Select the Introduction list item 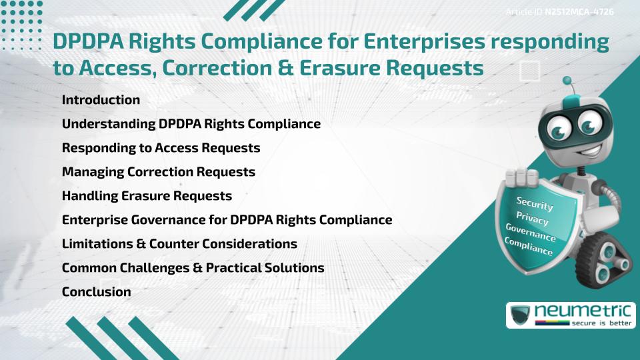click(x=101, y=100)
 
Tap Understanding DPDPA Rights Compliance click(x=191, y=124)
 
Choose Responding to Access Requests click(x=161, y=148)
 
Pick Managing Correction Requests click(x=159, y=172)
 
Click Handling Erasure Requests click(x=147, y=196)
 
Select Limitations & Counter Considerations click(x=179, y=244)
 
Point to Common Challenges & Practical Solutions click(x=193, y=268)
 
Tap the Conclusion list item click(x=97, y=292)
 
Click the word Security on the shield click(x=535, y=203)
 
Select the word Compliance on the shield click(x=529, y=246)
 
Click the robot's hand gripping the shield click(x=523, y=176)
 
